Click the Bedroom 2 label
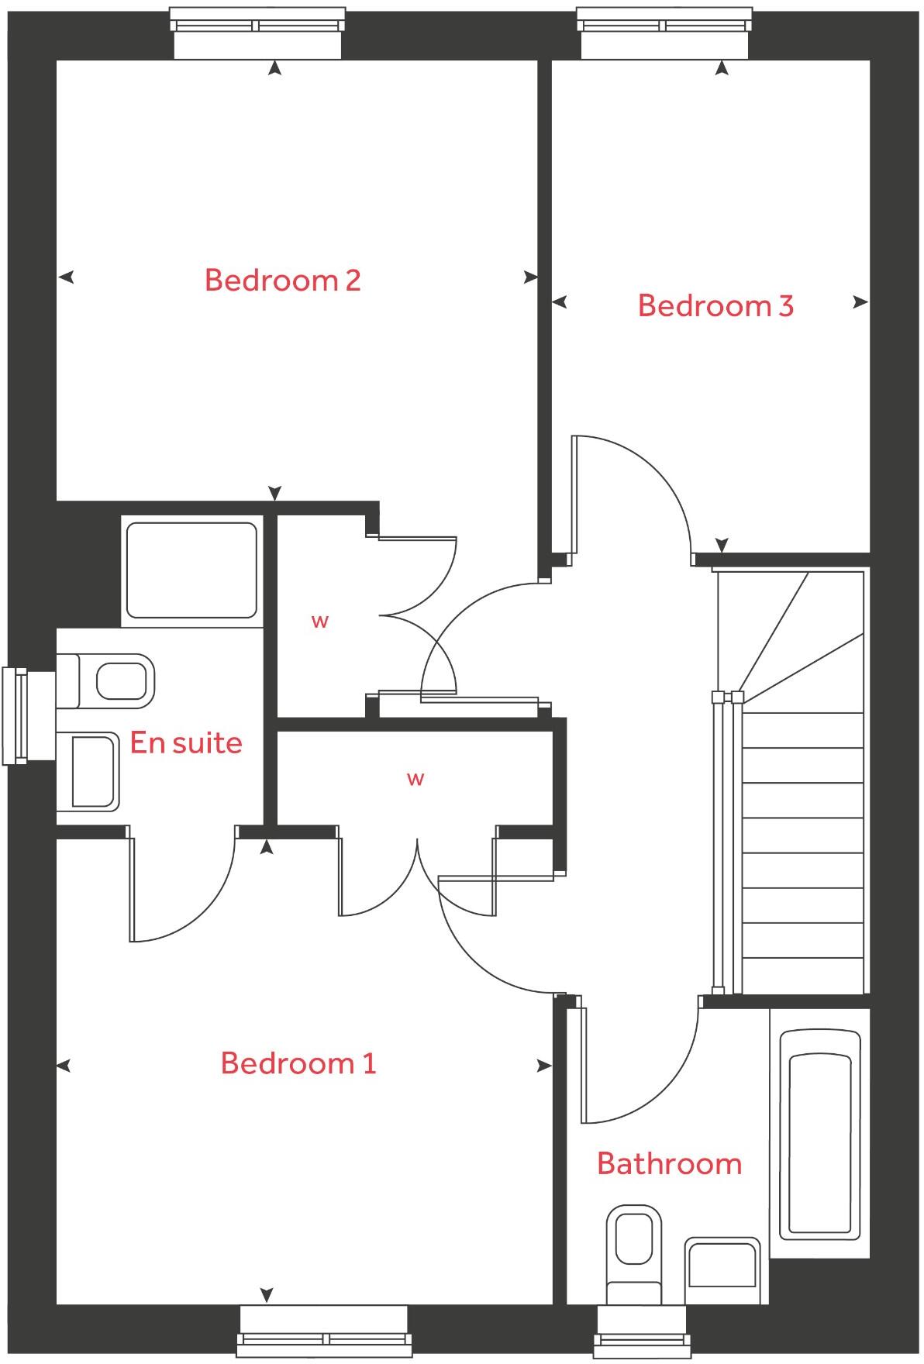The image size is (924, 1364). tap(283, 280)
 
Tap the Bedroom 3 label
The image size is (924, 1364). tap(715, 305)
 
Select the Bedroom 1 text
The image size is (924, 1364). tap(298, 1063)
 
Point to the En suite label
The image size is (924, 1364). tap(186, 742)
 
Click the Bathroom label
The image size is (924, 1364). tap(670, 1163)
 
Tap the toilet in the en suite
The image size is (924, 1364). tap(109, 681)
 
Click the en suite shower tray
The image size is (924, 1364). tap(191, 570)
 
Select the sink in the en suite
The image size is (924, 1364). tap(89, 772)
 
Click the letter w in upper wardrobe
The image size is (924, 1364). tap(319, 621)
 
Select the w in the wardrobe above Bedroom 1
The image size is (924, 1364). tap(415, 779)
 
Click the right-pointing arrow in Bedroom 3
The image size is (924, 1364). tap(860, 302)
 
